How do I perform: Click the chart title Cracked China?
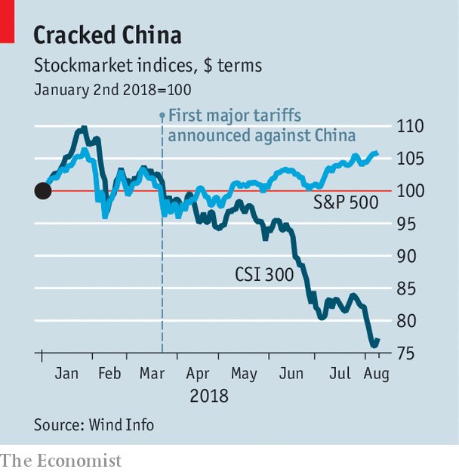click(x=107, y=35)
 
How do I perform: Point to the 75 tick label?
click(x=417, y=353)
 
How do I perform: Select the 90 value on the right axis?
click(x=417, y=256)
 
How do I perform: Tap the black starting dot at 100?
click(x=43, y=191)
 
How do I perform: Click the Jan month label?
click(x=66, y=374)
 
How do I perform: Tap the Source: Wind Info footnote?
click(x=94, y=424)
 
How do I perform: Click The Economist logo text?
click(x=61, y=460)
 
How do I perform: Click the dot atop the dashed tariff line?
click(x=162, y=116)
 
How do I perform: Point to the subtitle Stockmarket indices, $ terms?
click(x=148, y=66)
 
